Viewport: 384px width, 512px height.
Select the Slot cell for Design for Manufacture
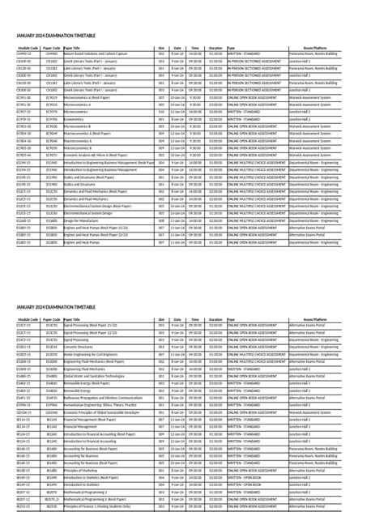tap(162, 220)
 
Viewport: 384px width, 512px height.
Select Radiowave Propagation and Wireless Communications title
tap(102, 398)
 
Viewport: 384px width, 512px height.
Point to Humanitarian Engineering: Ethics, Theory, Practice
tap(102, 405)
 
